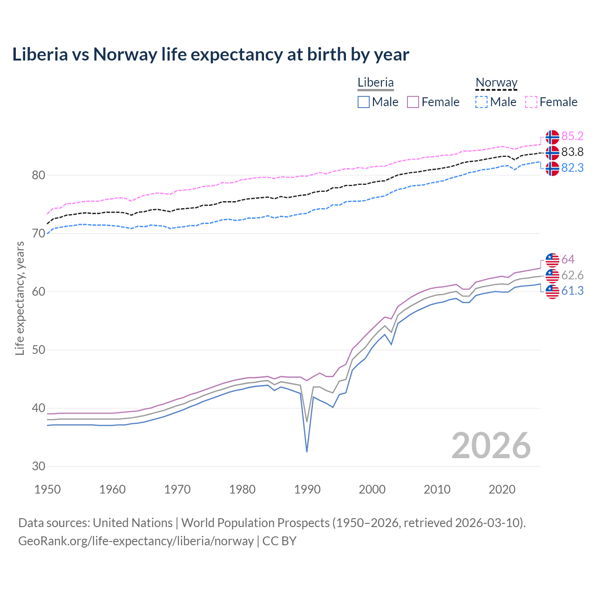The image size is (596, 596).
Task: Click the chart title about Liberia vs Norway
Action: tap(210, 54)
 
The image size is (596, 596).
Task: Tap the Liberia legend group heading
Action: tap(375, 82)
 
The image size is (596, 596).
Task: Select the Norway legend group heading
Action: tap(496, 82)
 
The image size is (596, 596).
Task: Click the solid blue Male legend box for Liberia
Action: tap(364, 102)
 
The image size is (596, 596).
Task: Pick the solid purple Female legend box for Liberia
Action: tap(413, 102)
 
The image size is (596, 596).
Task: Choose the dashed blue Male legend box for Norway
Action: tap(481, 102)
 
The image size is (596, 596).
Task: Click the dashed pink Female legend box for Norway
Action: tap(531, 102)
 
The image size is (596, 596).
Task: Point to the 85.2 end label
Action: tap(572, 136)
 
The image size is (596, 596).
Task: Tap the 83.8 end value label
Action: tap(572, 152)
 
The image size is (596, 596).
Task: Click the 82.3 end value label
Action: tap(572, 168)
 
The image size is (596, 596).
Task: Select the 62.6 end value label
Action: tap(572, 275)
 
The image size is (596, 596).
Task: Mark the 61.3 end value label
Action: tap(572, 291)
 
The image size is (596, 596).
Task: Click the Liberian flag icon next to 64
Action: tap(552, 260)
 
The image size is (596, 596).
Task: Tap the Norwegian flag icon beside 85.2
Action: tap(552, 137)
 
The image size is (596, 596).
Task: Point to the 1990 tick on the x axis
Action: tap(307, 489)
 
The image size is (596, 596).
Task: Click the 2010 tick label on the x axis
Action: tap(437, 489)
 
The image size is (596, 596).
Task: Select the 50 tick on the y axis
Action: tap(39, 350)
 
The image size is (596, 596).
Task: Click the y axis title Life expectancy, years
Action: tap(20, 298)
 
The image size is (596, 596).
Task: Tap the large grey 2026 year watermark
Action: tap(491, 446)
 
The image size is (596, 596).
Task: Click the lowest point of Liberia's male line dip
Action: tap(307, 452)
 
